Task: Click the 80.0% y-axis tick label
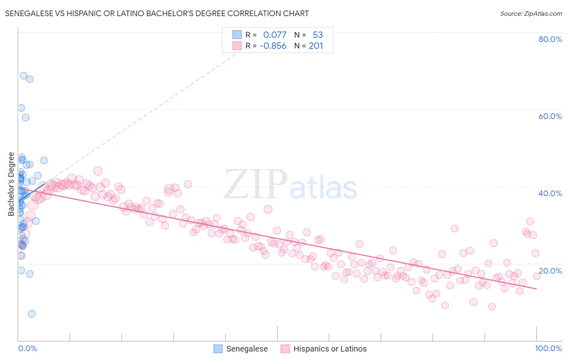550,39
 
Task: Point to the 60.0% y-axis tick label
550,116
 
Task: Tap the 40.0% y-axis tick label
550,193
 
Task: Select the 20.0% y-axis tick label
550,271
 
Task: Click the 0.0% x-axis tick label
27,348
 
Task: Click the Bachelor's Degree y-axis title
11,184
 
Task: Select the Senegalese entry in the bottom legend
247,349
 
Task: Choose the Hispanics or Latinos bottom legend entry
330,349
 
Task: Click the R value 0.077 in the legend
275,35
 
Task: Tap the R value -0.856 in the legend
273,46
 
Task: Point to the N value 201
316,46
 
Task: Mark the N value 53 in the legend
318,35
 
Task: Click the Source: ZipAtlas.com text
531,14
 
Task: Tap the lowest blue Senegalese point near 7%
31,314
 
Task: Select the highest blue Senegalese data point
24,76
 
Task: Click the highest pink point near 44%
98,171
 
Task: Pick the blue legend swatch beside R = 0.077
237,35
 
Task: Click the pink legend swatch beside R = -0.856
237,46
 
